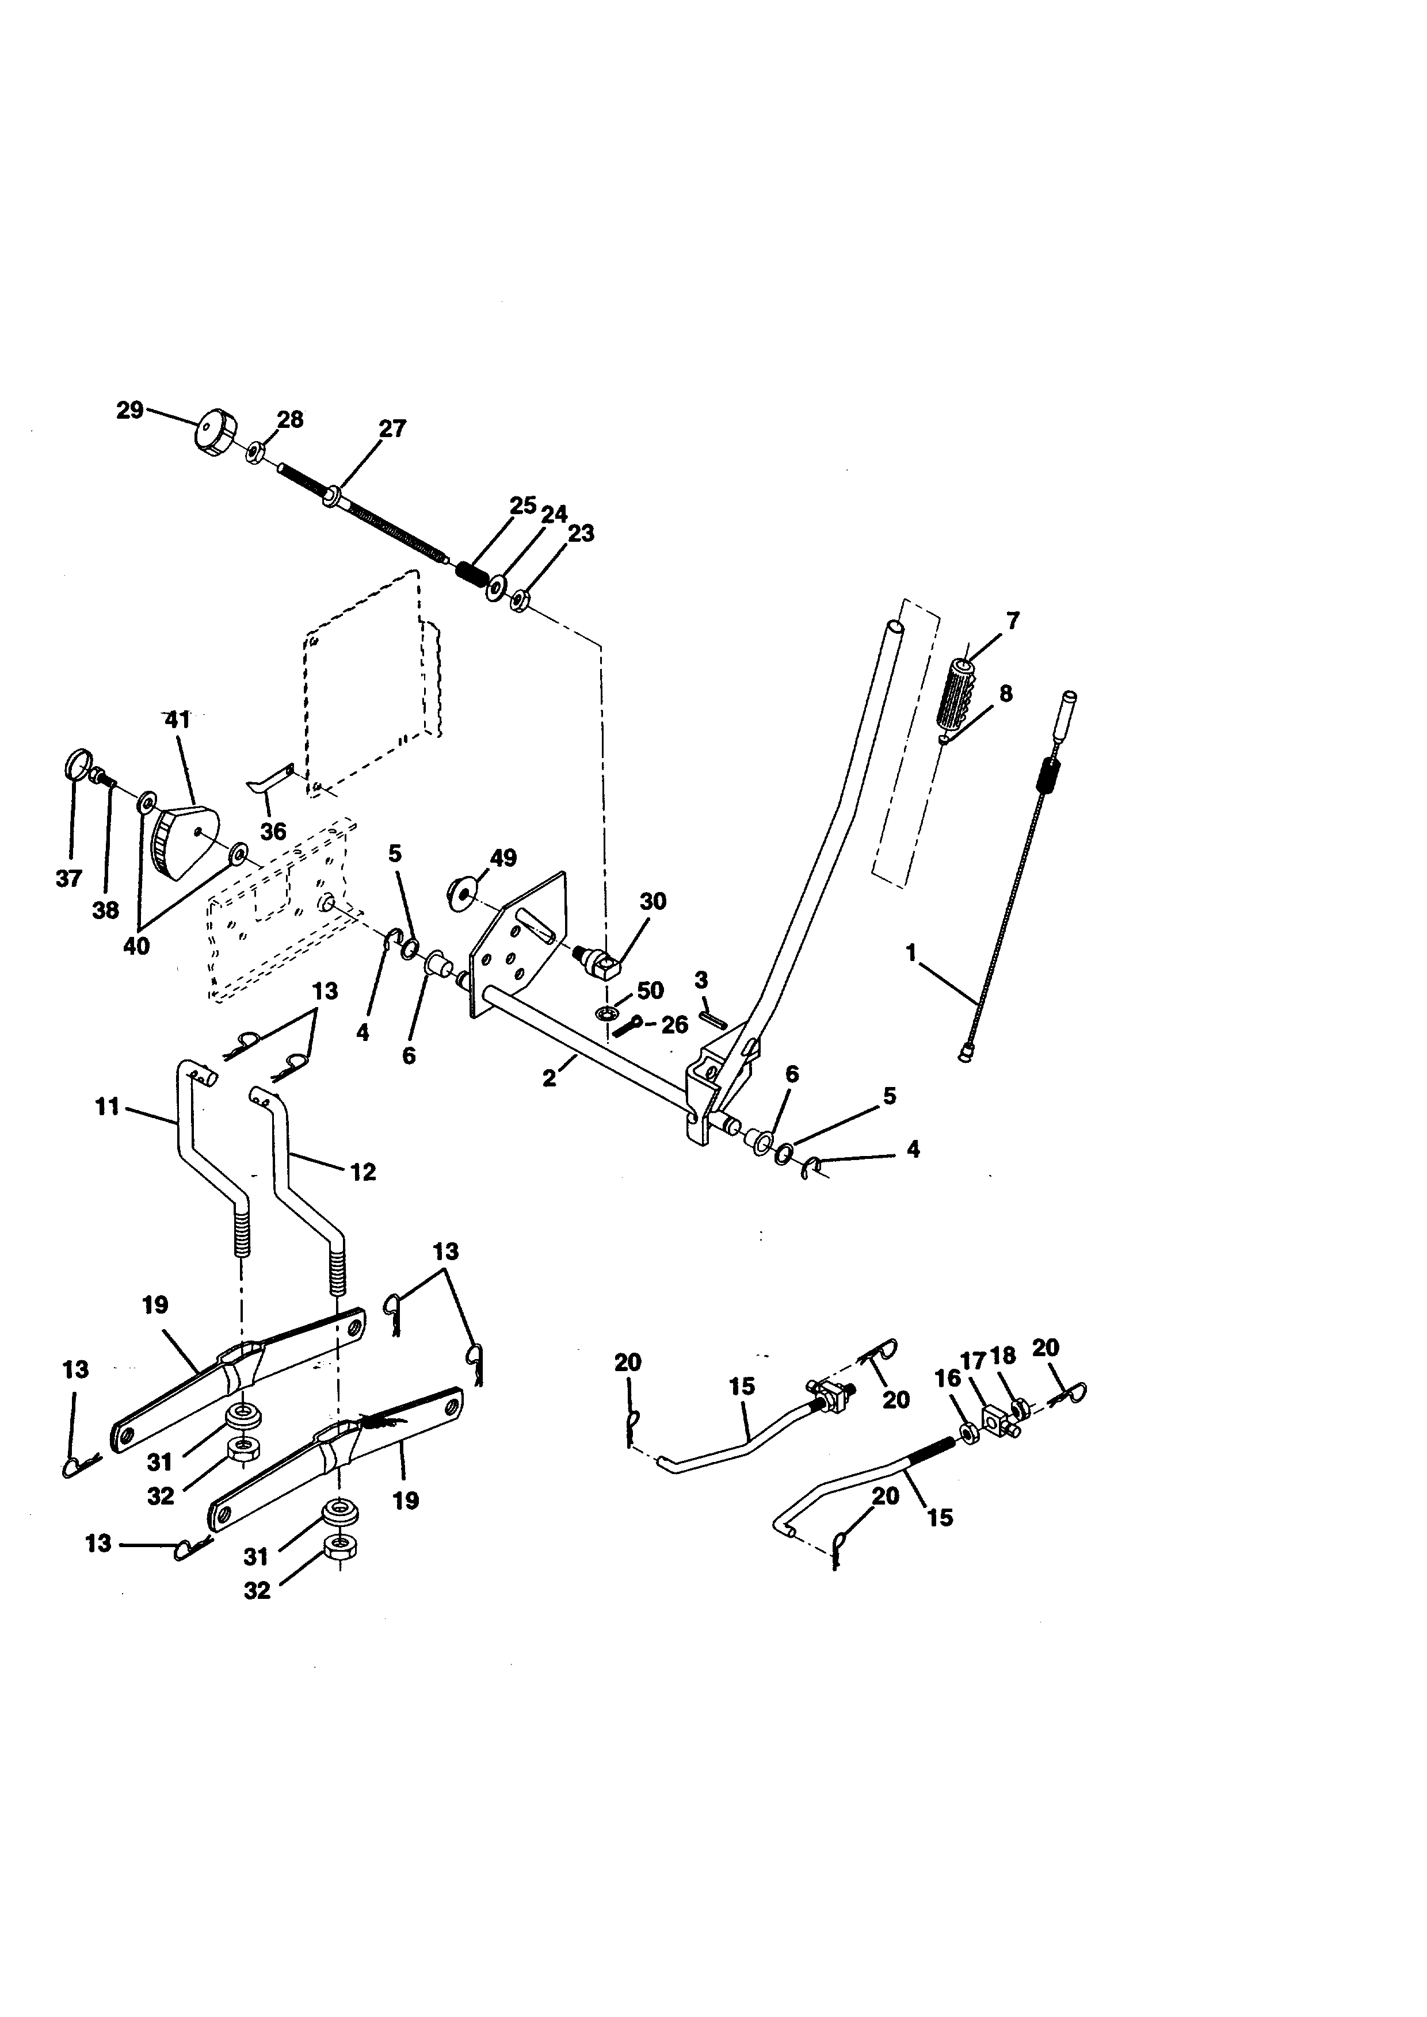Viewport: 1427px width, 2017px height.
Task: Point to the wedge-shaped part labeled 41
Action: (187, 841)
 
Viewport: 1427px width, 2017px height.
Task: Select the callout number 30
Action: (653, 901)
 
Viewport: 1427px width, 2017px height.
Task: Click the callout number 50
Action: (650, 990)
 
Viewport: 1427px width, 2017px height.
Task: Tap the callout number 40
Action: (136, 946)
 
